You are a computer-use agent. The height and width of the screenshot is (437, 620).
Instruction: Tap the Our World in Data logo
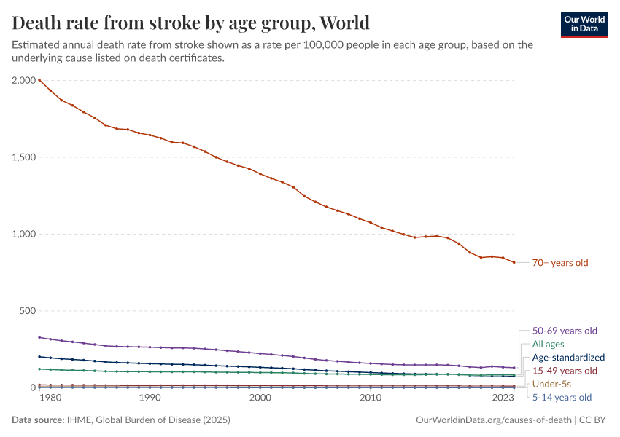584,23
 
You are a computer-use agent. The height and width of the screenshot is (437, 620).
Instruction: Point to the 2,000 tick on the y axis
24,80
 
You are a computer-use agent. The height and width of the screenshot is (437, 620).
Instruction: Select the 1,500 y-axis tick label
24,157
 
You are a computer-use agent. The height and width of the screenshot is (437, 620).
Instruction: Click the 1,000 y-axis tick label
24,234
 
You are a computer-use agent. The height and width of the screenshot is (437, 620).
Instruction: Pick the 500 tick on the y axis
28,311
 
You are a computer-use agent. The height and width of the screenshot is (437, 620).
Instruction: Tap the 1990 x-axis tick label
150,398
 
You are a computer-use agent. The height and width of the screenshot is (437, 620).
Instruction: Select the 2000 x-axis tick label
260,398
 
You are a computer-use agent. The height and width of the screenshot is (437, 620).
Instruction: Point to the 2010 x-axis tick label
371,398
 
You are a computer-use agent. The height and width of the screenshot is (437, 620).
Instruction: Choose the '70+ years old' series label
560,263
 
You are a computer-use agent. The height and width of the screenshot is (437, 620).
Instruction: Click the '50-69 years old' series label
565,331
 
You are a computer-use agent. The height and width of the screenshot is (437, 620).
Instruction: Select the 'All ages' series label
548,344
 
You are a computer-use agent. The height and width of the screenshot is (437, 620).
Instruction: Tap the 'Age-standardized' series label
568,358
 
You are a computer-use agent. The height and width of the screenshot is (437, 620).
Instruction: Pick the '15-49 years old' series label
565,371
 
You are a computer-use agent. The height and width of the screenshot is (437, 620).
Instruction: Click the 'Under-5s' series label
551,384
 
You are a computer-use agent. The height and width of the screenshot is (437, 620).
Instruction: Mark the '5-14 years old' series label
562,398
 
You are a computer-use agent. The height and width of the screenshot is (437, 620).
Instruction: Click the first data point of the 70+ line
39,80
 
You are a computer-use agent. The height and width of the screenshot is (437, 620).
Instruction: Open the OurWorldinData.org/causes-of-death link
492,420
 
